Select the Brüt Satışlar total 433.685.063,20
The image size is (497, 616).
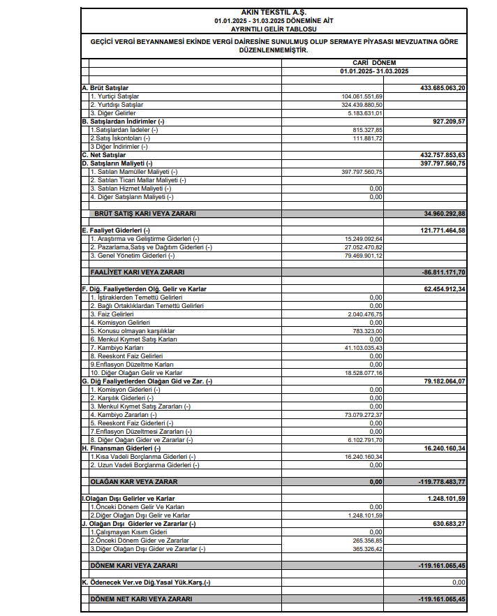443,87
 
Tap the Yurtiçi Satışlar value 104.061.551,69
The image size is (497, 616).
362,96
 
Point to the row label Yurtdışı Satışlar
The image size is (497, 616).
116,104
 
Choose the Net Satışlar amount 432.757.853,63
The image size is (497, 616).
443,154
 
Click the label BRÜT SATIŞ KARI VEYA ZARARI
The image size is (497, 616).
144,213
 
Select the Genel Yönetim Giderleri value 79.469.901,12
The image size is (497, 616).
364,255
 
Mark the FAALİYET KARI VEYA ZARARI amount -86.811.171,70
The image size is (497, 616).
443,272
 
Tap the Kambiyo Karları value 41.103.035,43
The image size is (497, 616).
364,347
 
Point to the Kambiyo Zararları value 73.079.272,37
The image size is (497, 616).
364,414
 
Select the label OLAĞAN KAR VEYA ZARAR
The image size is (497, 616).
134,481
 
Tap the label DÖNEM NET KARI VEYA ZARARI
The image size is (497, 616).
141,599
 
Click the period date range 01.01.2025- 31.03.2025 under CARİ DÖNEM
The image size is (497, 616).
375,71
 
